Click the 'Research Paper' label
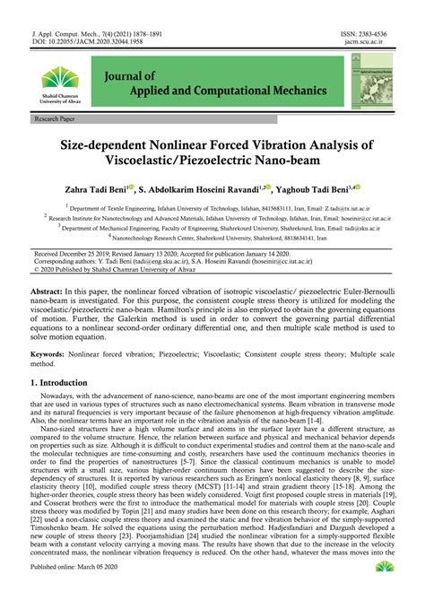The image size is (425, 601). point(55,118)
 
